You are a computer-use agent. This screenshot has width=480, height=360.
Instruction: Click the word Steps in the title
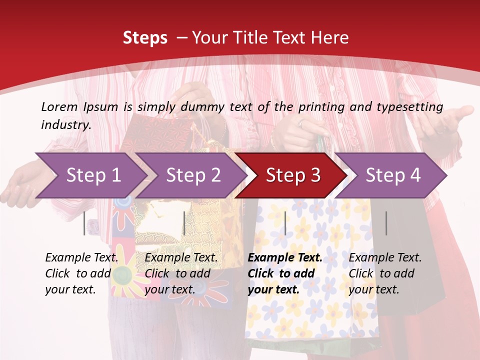(x=145, y=38)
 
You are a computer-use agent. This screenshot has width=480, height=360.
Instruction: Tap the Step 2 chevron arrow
(x=193, y=175)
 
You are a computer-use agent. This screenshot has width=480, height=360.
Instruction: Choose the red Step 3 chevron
(x=292, y=175)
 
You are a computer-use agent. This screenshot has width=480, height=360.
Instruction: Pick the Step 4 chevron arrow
(x=392, y=175)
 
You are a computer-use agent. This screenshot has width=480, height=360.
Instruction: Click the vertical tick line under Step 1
(x=84, y=223)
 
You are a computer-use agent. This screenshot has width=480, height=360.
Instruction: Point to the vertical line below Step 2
(x=184, y=223)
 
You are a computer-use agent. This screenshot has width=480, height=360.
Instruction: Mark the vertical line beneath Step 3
(x=285, y=223)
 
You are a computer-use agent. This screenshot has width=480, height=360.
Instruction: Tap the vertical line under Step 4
(x=386, y=223)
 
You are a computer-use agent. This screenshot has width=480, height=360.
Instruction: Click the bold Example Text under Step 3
(x=285, y=258)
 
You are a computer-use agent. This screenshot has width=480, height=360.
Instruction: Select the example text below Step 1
(x=81, y=273)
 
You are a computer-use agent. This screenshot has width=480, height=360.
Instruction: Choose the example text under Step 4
(x=385, y=273)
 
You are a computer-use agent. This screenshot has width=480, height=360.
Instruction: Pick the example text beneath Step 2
(x=181, y=273)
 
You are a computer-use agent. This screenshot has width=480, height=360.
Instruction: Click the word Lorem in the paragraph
(x=59, y=106)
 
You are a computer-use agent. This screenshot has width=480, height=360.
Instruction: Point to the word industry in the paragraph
(x=66, y=125)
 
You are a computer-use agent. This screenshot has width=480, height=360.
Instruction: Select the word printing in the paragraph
(x=322, y=106)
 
